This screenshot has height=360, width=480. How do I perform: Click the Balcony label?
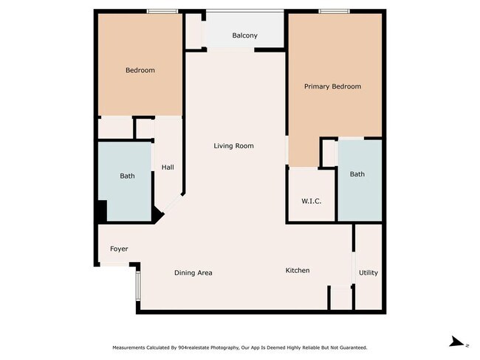pyautogui.click(x=244, y=35)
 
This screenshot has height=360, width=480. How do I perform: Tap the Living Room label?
pyautogui.click(x=233, y=146)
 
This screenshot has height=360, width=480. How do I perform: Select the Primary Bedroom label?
pyautogui.click(x=332, y=86)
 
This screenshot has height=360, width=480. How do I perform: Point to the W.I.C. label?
pyautogui.click(x=312, y=201)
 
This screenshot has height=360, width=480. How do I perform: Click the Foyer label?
pyautogui.click(x=119, y=249)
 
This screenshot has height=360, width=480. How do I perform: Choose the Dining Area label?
pyautogui.click(x=193, y=273)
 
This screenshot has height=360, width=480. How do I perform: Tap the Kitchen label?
pyautogui.click(x=298, y=271)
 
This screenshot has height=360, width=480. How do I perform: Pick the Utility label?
pyautogui.click(x=368, y=272)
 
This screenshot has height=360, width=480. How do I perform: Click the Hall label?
pyautogui.click(x=168, y=167)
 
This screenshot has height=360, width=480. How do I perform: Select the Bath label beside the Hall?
pyautogui.click(x=127, y=176)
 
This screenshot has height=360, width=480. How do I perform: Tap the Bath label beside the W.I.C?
pyautogui.click(x=357, y=174)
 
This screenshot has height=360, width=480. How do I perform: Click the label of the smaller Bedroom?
pyautogui.click(x=140, y=70)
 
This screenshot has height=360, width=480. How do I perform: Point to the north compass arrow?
pyautogui.click(x=457, y=342)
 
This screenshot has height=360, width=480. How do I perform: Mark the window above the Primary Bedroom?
pyautogui.click(x=334, y=11)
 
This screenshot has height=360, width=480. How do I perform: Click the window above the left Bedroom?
pyautogui.click(x=162, y=11)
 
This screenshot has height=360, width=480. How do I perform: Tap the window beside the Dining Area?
pyautogui.click(x=138, y=285)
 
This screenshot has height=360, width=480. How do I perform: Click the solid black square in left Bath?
pyautogui.click(x=103, y=210)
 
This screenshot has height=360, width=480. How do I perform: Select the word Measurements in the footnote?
pyautogui.click(x=128, y=347)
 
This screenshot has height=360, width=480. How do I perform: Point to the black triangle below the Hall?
pyautogui.click(x=157, y=215)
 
